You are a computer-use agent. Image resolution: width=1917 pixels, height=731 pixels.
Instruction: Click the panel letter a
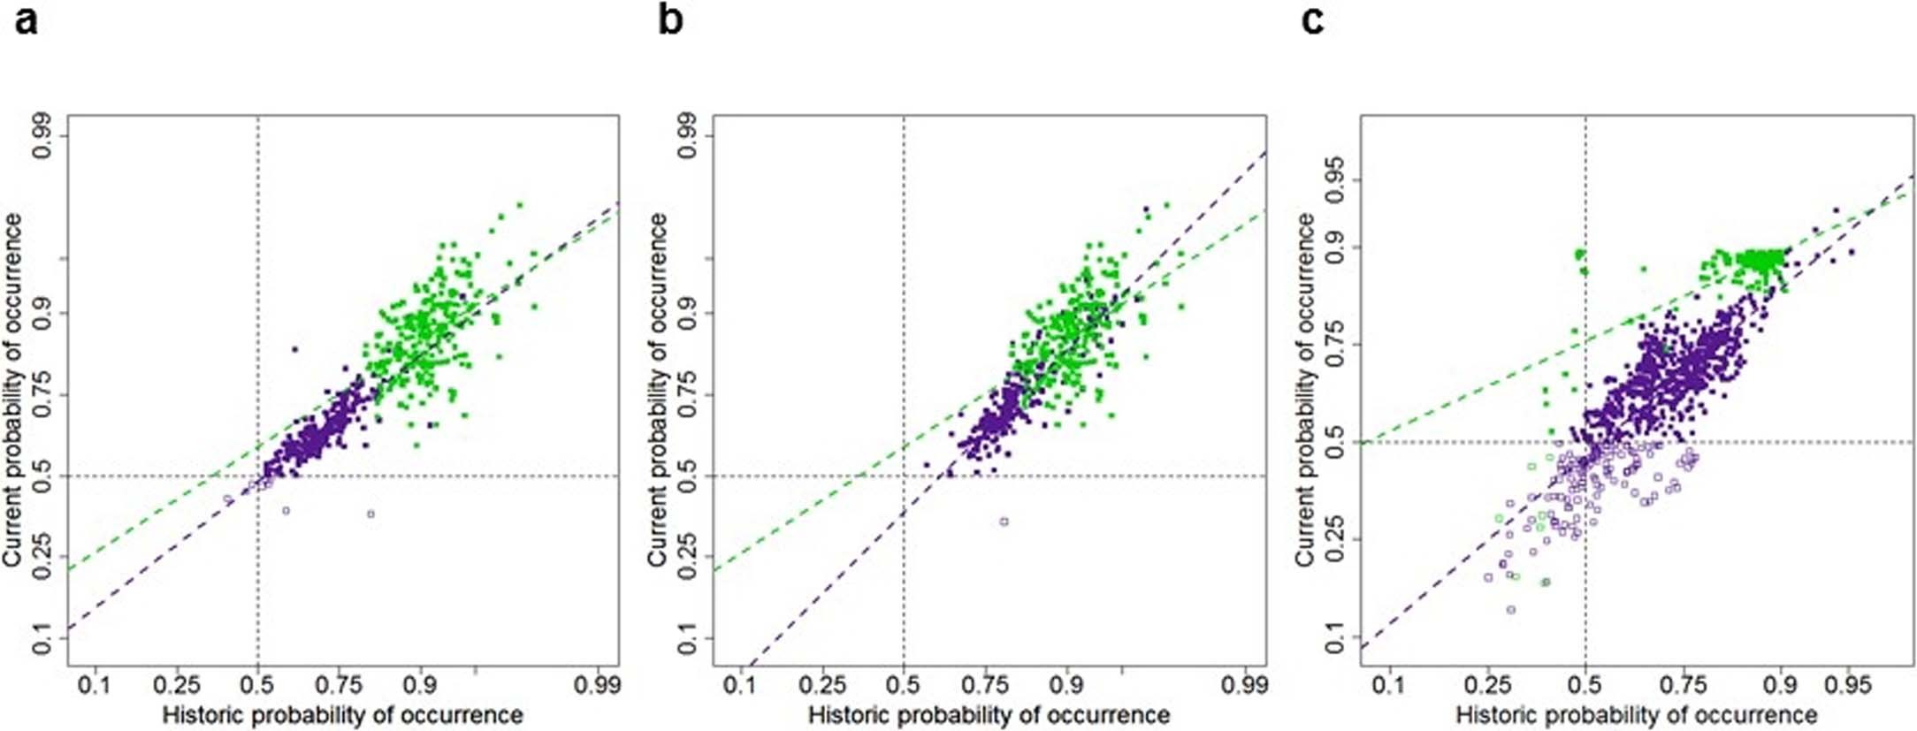tap(27, 19)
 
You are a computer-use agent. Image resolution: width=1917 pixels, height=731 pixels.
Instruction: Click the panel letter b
tap(670, 19)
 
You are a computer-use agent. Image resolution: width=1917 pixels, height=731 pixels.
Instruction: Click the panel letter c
tap(1313, 19)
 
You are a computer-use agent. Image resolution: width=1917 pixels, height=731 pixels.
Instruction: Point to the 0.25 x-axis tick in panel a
tap(176, 686)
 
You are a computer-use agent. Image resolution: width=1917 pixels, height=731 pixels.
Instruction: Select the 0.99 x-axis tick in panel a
tap(597, 686)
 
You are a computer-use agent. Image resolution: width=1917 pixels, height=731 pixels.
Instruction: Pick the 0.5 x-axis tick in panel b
tap(903, 686)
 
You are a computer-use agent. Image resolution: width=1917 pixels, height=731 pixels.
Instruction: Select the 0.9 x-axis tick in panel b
tap(1067, 686)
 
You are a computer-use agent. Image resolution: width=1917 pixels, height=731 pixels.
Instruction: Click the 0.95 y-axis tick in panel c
tap(1334, 179)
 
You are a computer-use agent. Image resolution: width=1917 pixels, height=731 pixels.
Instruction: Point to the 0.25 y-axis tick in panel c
tap(1334, 539)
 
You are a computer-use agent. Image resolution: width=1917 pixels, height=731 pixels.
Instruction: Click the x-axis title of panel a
tap(343, 714)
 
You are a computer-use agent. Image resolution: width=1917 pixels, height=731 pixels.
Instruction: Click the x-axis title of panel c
tap(1636, 714)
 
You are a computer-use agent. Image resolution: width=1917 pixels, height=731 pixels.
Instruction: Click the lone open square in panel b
tap(1004, 522)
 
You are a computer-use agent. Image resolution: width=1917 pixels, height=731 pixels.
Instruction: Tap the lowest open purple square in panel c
tap(1510, 610)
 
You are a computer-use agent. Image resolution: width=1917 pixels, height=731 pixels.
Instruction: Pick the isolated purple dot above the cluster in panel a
tap(295, 349)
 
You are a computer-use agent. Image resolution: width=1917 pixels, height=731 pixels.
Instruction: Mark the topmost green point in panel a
tap(519, 205)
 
